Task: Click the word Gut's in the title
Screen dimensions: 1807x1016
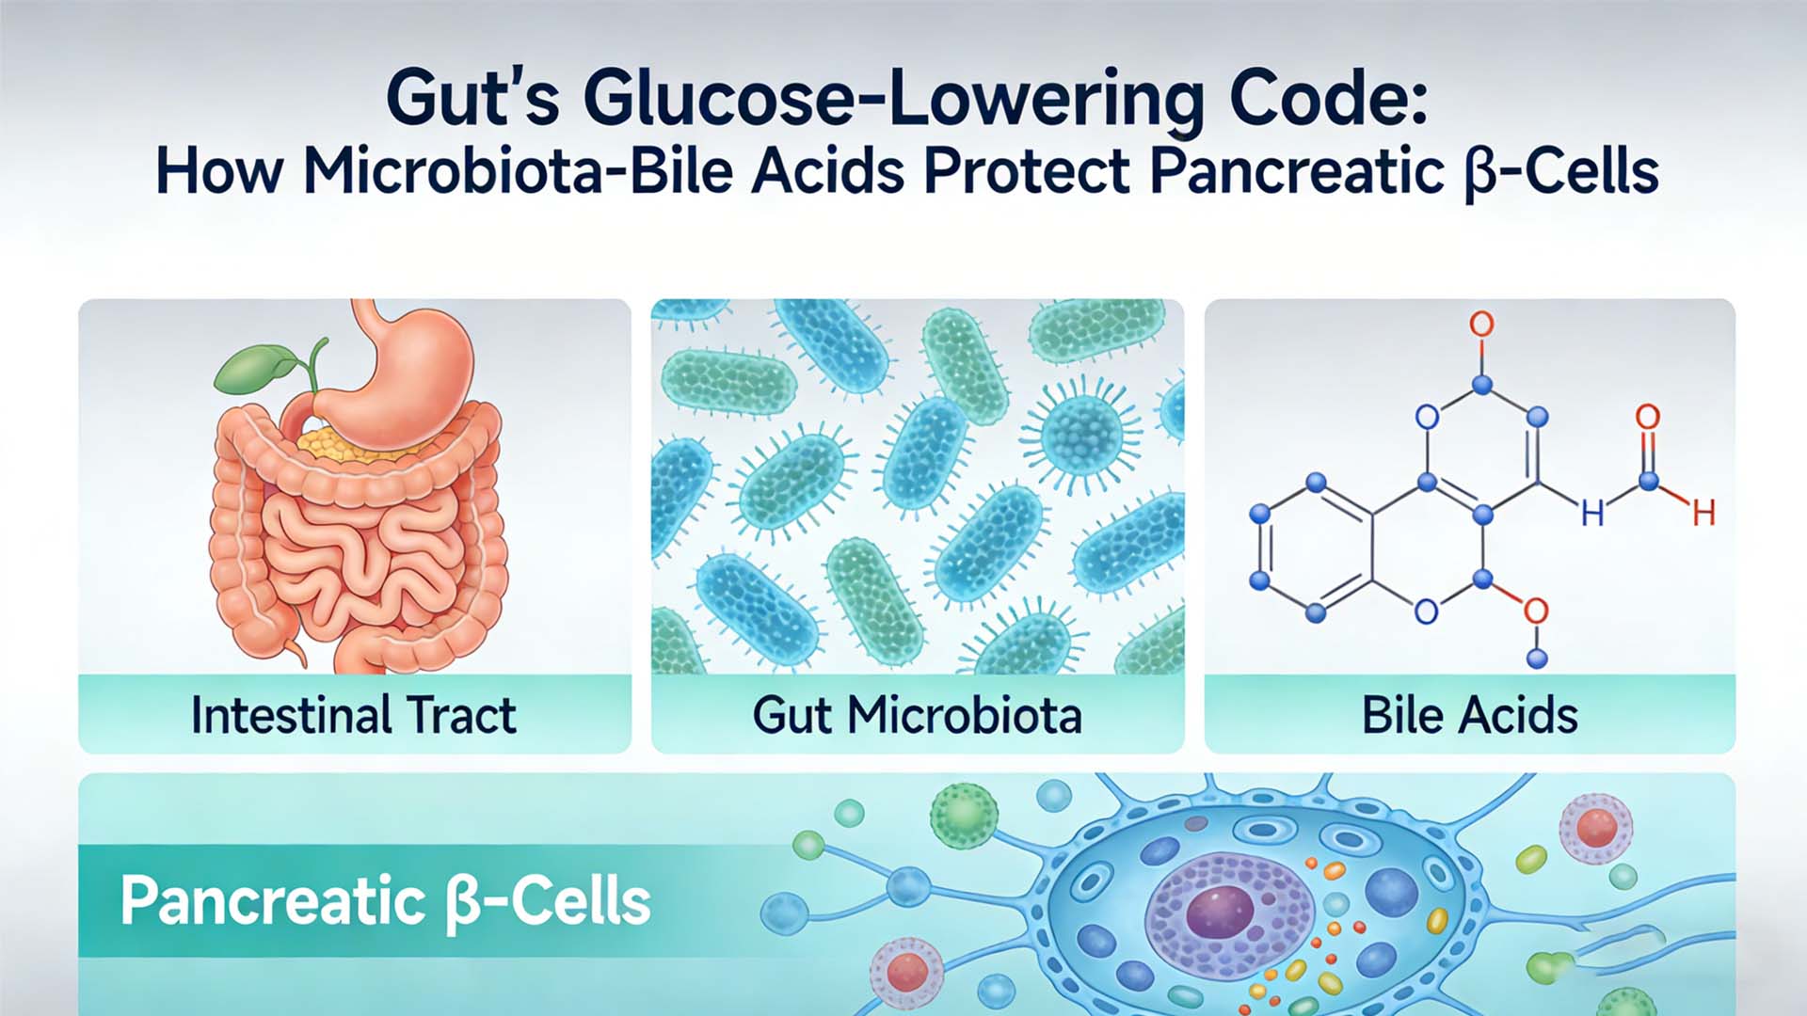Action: [472, 98]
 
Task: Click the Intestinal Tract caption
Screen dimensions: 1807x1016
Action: [354, 715]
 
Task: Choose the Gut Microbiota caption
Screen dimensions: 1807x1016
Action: [918, 715]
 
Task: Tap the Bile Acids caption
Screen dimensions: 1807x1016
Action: [1470, 715]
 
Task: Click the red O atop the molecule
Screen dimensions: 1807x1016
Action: [1481, 325]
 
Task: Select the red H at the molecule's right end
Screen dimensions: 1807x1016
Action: [1703, 513]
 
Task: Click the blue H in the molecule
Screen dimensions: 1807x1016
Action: [1592, 513]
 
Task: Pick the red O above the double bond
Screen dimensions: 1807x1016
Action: [1648, 417]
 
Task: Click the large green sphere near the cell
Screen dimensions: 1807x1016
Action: [964, 815]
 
